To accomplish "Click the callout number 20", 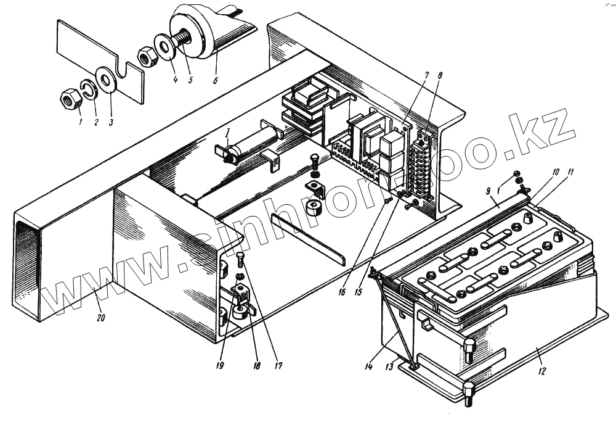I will click(100, 318).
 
